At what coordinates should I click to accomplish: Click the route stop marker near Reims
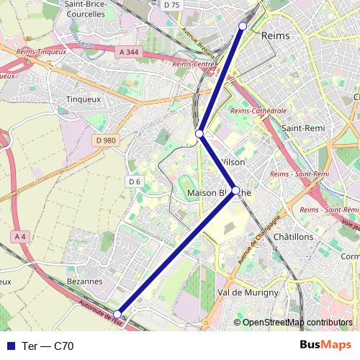[243, 26]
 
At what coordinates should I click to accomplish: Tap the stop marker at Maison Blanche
[235, 191]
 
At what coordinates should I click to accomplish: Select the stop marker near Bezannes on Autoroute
[117, 313]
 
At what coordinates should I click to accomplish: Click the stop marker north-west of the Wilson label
[200, 134]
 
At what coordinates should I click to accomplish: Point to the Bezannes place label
[84, 281]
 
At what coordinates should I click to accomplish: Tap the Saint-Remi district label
[302, 127]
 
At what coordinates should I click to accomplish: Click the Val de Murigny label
[248, 292]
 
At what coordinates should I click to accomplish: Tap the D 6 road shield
[134, 181]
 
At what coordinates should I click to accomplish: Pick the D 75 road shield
[171, 4]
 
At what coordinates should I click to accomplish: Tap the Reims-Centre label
[196, 65]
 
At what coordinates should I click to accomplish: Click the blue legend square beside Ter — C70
[11, 346]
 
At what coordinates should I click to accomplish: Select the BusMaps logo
[326, 345]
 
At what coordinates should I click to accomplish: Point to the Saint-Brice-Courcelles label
[90, 9]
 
